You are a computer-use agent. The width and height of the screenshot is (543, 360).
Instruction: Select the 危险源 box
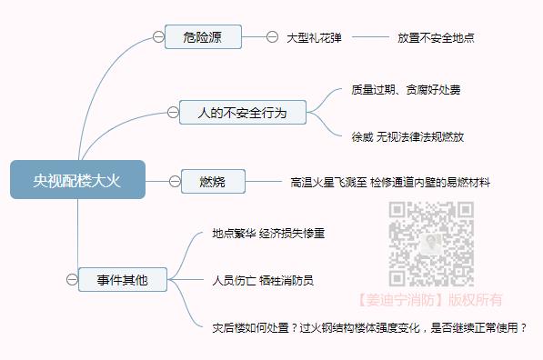point(203,37)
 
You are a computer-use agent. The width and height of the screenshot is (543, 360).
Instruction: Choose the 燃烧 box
point(214,181)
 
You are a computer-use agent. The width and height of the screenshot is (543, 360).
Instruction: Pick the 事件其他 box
point(122,280)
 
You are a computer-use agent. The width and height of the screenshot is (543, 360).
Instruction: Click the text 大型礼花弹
point(314,38)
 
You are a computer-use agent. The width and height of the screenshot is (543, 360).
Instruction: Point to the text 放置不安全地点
point(436,38)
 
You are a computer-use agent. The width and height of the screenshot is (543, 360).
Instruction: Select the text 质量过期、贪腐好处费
point(406,90)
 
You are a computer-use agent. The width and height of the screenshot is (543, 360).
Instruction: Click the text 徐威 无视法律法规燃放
point(407,136)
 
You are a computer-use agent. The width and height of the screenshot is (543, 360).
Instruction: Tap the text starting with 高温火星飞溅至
point(390,182)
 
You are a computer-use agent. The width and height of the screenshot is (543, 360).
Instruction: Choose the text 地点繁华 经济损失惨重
point(268,234)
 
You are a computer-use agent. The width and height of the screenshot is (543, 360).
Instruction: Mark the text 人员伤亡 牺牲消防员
point(263,280)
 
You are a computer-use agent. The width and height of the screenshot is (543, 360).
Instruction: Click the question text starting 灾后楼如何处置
point(369,326)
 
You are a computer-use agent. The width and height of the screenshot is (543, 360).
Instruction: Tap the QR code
point(432,243)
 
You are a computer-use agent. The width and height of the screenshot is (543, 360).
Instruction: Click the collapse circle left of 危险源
point(159,37)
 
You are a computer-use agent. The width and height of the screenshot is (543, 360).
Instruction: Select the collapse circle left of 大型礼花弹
point(272,37)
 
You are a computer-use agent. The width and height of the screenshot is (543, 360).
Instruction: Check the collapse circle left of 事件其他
point(72,280)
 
